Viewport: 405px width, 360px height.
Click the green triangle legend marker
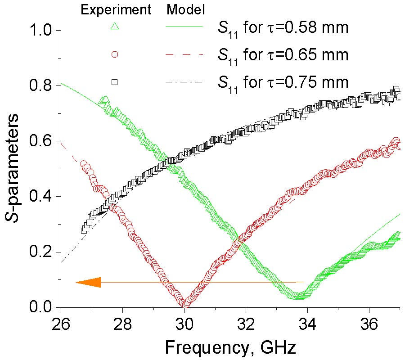pyautogui.click(x=114, y=27)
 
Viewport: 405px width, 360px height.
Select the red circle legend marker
pyautogui.click(x=114, y=54)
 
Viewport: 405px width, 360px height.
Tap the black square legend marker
pyautogui.click(x=114, y=82)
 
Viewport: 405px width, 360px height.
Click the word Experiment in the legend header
pyautogui.click(x=115, y=9)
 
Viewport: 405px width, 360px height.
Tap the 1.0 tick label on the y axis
pyautogui.click(x=41, y=31)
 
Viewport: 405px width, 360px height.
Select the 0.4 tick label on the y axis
pyautogui.click(x=41, y=197)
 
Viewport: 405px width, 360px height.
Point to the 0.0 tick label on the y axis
pyautogui.click(x=41, y=307)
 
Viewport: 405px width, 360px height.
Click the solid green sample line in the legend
pyautogui.click(x=184, y=27)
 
